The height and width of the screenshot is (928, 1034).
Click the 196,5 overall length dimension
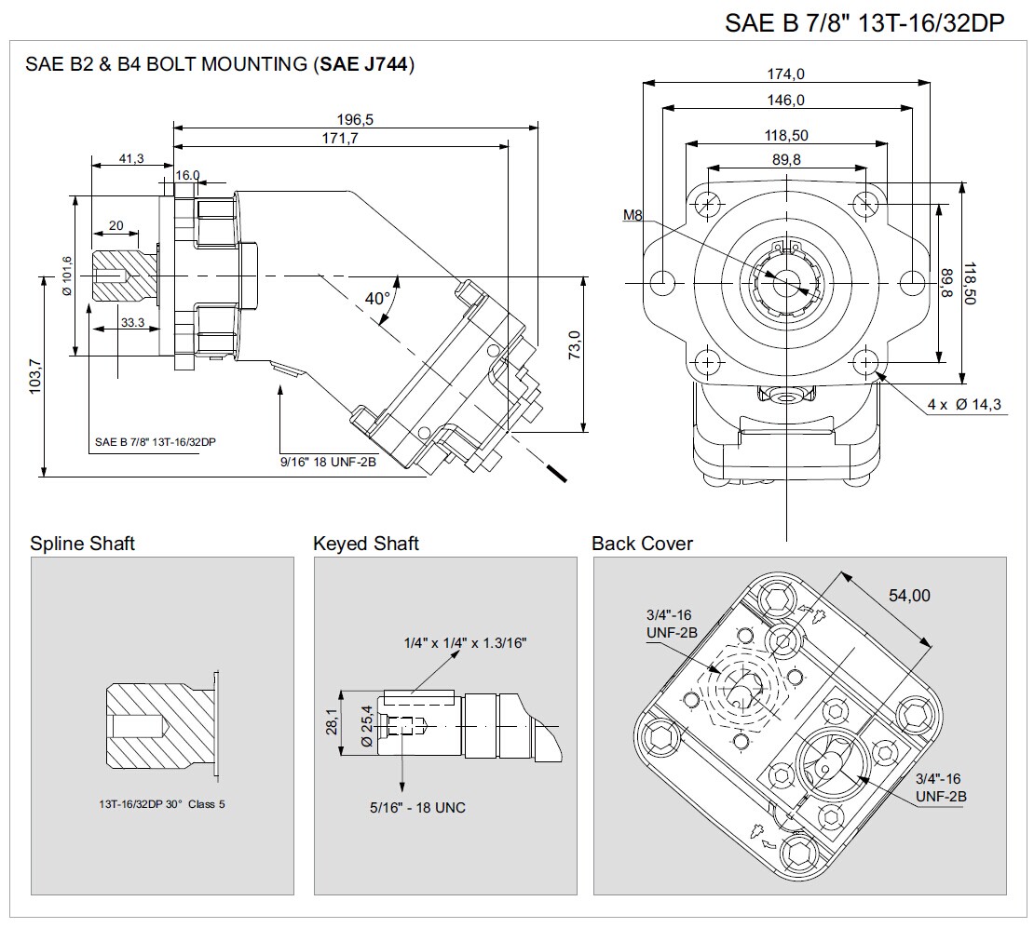click(x=355, y=119)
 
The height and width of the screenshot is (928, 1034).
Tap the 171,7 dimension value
click(x=341, y=138)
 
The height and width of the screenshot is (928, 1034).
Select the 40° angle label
click(x=377, y=299)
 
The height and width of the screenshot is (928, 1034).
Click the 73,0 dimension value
click(x=575, y=344)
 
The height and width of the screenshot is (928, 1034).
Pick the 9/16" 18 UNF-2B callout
click(x=328, y=461)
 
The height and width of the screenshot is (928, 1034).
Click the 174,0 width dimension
click(x=786, y=74)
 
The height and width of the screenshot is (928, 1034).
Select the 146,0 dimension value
click(x=786, y=100)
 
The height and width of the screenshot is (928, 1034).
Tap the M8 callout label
click(x=633, y=215)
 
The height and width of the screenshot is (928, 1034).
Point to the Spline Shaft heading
click(x=82, y=544)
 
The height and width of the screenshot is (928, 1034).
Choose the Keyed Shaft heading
click(x=366, y=544)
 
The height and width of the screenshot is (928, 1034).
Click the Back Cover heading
click(x=642, y=544)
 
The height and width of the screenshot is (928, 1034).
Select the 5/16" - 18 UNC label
click(x=417, y=807)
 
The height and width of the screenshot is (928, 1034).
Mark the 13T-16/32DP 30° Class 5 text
click(x=162, y=804)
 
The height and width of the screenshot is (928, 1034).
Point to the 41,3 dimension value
click(x=131, y=158)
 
